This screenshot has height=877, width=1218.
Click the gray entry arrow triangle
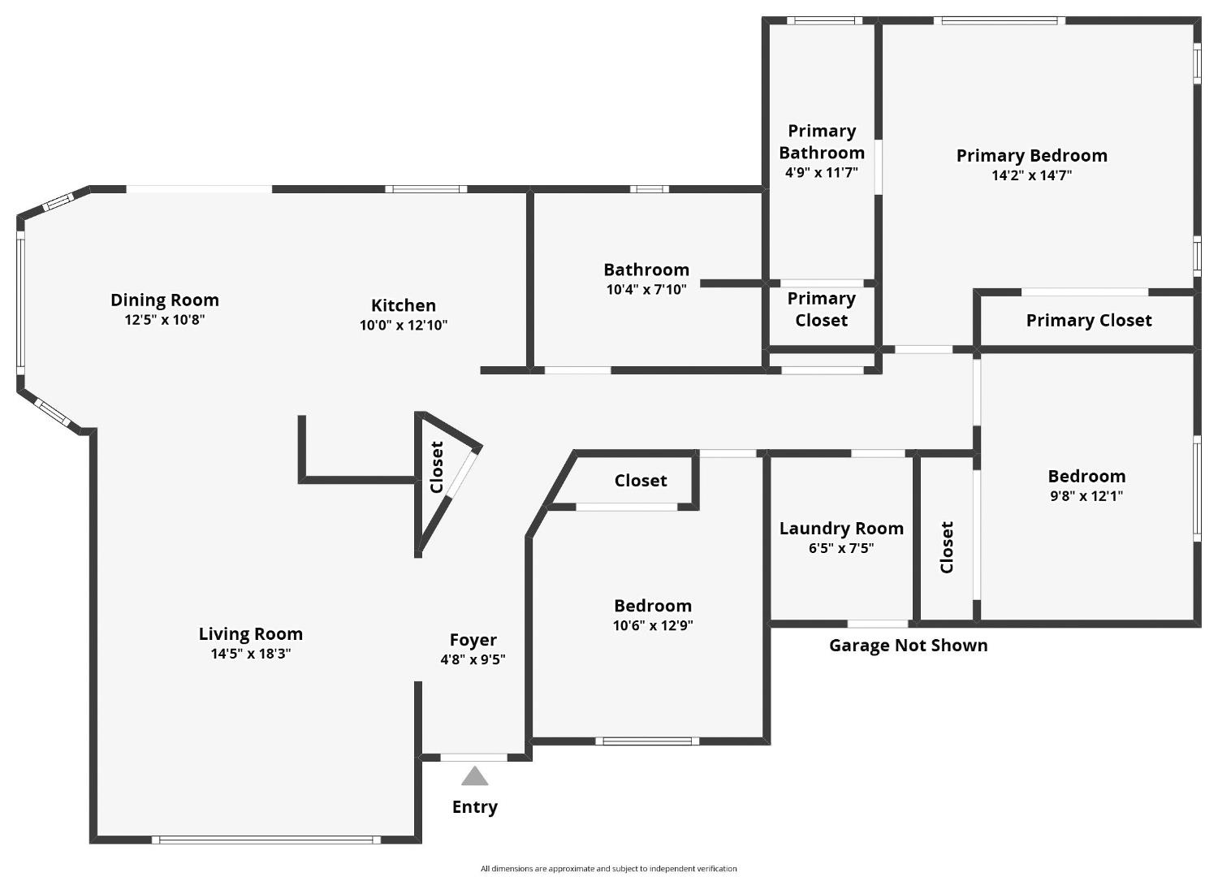pos(475,777)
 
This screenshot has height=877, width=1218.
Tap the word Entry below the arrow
pos(475,807)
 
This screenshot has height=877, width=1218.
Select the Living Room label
pos(250,634)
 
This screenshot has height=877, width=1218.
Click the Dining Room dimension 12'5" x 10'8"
pos(164,320)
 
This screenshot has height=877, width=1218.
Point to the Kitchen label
pos(404,305)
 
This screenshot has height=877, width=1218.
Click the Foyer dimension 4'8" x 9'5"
pos(473,659)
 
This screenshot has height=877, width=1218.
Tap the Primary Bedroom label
pos(1031,155)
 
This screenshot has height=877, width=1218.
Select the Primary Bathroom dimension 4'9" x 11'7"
pos(821,172)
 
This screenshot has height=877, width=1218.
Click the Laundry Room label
pos(841,529)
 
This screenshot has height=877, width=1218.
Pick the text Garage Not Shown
pos(908,646)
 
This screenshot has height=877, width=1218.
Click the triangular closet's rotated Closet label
pos(437,467)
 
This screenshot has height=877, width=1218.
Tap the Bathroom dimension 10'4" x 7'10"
pos(646,289)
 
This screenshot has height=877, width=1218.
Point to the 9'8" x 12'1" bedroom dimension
pos(1086,496)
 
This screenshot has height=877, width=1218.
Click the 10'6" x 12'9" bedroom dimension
pos(653,625)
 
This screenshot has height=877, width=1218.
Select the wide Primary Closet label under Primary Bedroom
pos(1088,321)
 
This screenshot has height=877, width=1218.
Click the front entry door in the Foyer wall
pos(473,758)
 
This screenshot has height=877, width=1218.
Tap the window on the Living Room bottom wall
pos(266,840)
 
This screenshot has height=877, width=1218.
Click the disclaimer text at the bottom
pos(608,869)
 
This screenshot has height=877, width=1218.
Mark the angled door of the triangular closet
pos(462,474)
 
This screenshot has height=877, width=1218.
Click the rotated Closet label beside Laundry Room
pos(947,547)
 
